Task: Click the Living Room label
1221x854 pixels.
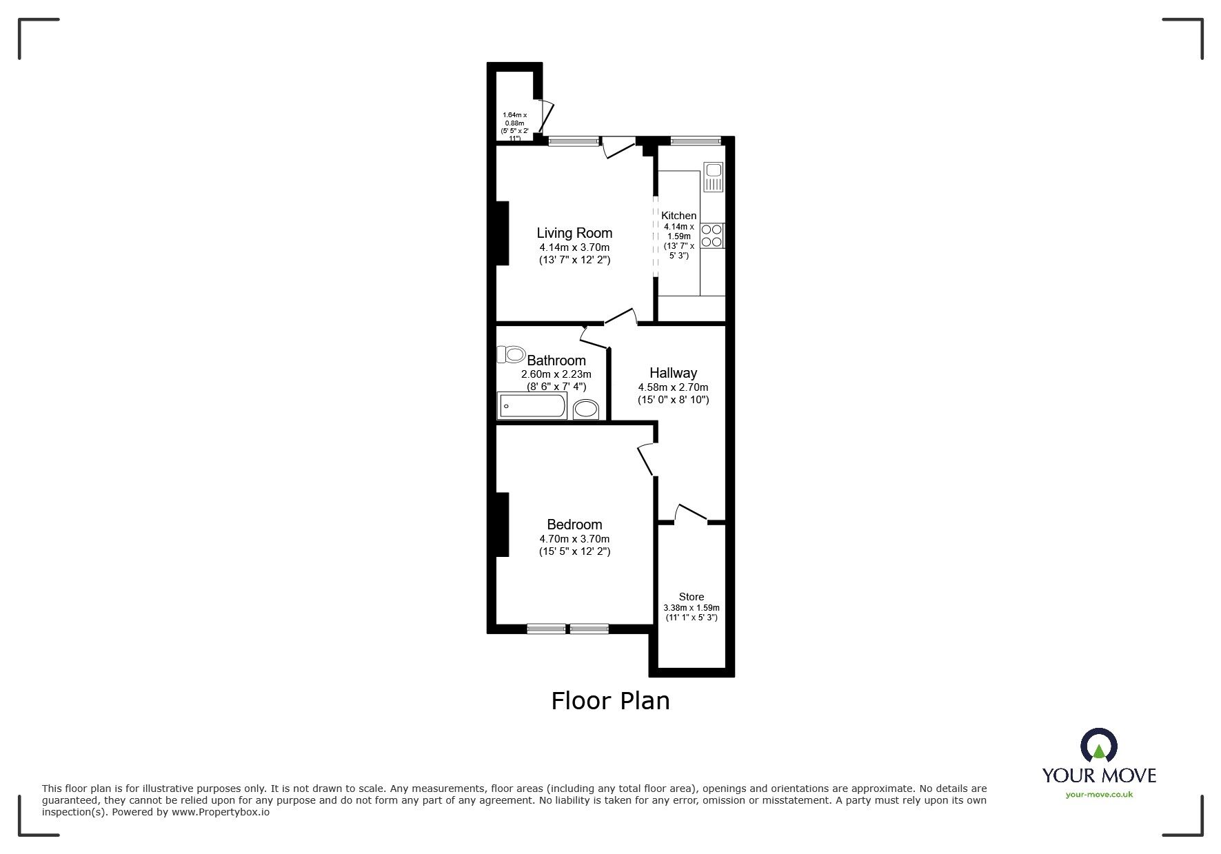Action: coord(574,233)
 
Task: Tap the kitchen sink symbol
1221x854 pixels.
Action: coord(713,176)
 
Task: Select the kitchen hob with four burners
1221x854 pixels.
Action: coord(713,236)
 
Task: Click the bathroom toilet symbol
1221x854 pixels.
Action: coord(511,355)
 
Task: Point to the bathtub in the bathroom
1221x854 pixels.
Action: coord(532,406)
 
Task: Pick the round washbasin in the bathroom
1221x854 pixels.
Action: coord(587,409)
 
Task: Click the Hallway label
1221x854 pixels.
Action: coord(673,373)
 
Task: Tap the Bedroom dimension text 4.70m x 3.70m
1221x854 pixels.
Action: coord(574,539)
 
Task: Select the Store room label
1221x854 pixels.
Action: coord(691,597)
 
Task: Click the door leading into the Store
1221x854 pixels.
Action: coord(691,515)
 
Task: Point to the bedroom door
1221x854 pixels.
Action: coord(646,459)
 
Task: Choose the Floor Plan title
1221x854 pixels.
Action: coord(610,701)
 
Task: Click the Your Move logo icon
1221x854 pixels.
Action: coord(1098,746)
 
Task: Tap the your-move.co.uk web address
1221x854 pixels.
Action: coord(1099,795)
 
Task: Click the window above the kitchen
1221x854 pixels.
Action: coord(695,141)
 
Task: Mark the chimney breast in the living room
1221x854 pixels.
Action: coord(502,232)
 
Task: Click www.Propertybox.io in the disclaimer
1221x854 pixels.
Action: coord(220,812)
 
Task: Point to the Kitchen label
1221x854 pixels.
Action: coord(678,216)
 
